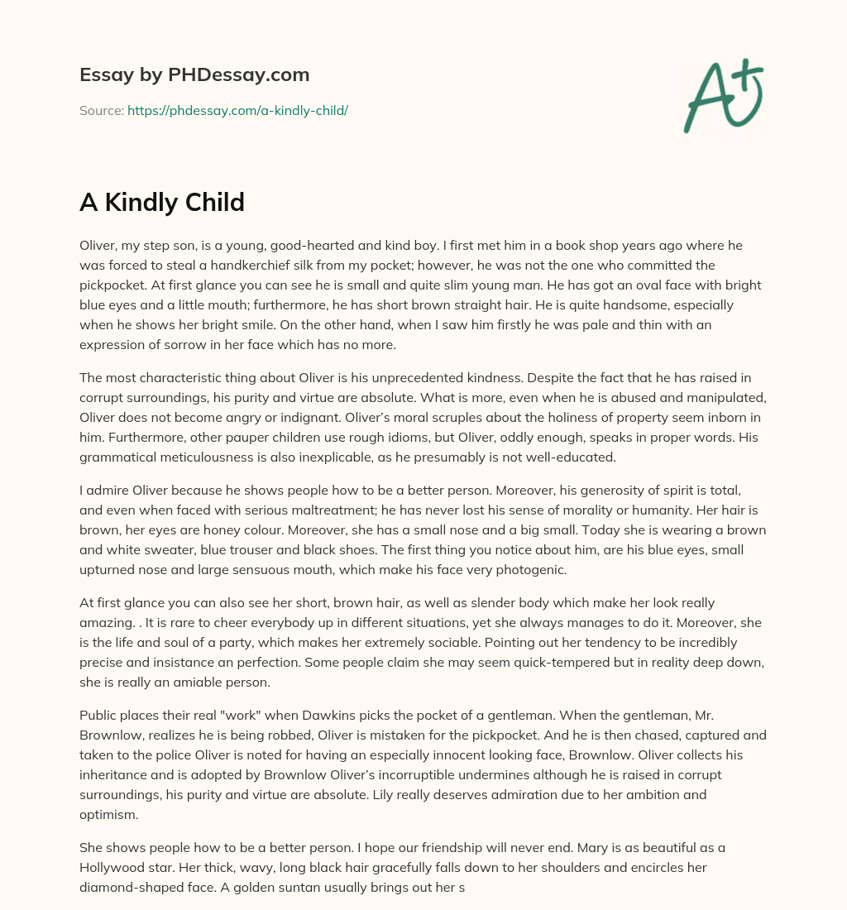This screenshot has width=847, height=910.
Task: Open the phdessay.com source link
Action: point(237,110)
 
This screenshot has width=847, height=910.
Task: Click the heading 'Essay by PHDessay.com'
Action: point(194,75)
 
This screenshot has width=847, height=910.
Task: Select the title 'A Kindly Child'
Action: point(162,202)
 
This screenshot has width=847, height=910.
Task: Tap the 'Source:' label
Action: point(101,110)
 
